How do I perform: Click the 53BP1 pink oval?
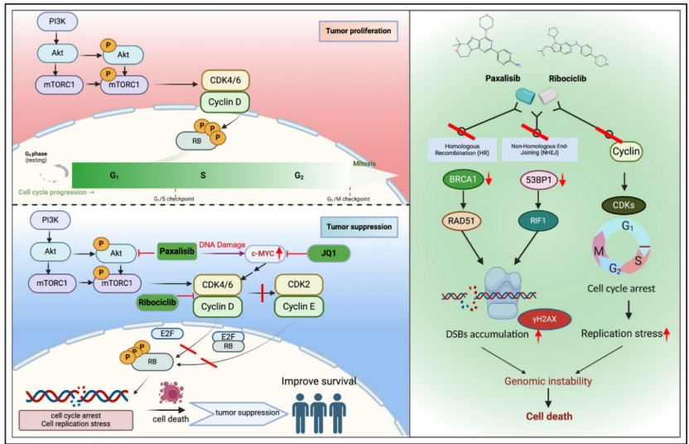(x=542, y=180)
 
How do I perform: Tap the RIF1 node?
(x=539, y=220)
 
